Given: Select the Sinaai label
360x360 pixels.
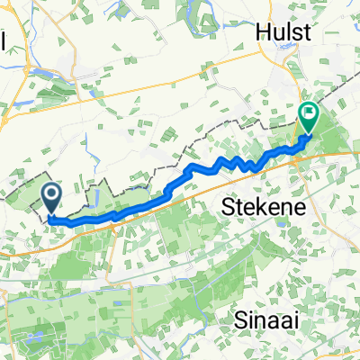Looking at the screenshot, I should click(266, 319).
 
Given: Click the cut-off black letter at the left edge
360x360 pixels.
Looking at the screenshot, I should click(3, 43).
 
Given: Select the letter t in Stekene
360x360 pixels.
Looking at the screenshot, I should click(238, 207).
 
